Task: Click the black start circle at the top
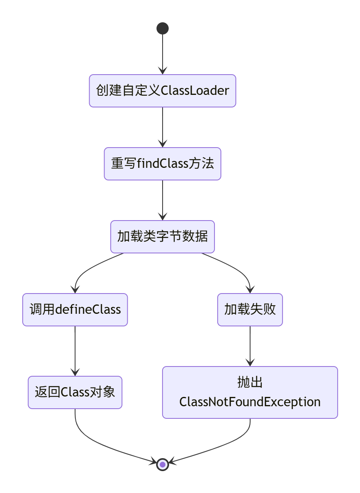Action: point(163,28)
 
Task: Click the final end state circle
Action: point(163,464)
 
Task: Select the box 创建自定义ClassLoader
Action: point(163,91)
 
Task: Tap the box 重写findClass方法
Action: point(163,164)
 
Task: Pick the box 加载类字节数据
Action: point(163,237)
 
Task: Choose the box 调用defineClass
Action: point(75,310)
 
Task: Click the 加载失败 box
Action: point(250,310)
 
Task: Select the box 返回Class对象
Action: point(75,392)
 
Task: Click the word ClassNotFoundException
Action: point(250,402)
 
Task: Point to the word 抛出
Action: point(250,382)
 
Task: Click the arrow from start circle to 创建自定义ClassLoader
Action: point(163,53)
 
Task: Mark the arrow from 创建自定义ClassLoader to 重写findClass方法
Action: point(163,126)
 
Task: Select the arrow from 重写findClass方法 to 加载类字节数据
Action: point(163,199)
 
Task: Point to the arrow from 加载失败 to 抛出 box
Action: point(250,345)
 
